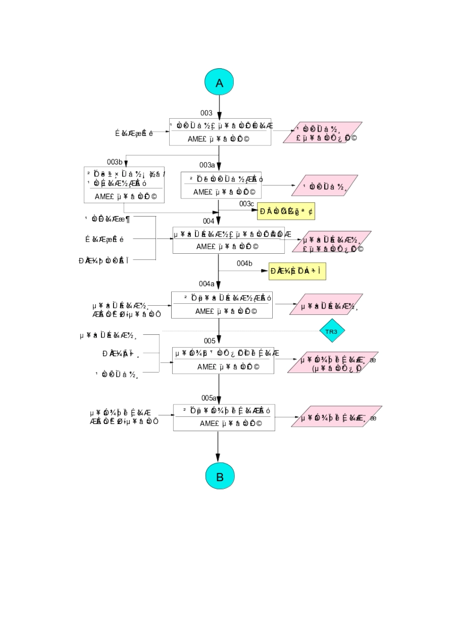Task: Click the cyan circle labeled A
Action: click(x=219, y=83)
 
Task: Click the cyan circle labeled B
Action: click(x=220, y=476)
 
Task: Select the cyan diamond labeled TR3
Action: click(x=331, y=331)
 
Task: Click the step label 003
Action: click(x=206, y=113)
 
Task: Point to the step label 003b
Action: click(x=114, y=162)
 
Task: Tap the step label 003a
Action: click(x=207, y=165)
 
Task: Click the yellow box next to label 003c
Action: click(x=286, y=211)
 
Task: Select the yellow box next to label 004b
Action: click(x=297, y=271)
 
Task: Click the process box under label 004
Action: click(x=228, y=240)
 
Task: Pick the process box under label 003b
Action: click(x=124, y=185)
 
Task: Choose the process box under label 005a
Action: click(x=224, y=417)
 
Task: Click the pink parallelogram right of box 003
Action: click(x=322, y=133)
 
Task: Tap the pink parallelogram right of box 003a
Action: click(x=324, y=186)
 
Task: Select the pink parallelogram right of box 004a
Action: click(x=326, y=304)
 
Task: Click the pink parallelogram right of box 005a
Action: click(x=336, y=416)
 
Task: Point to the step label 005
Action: click(x=210, y=341)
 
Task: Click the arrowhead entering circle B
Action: click(x=218, y=459)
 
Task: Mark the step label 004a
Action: click(x=206, y=284)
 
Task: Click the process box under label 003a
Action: click(x=221, y=185)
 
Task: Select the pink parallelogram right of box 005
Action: click(x=333, y=362)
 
